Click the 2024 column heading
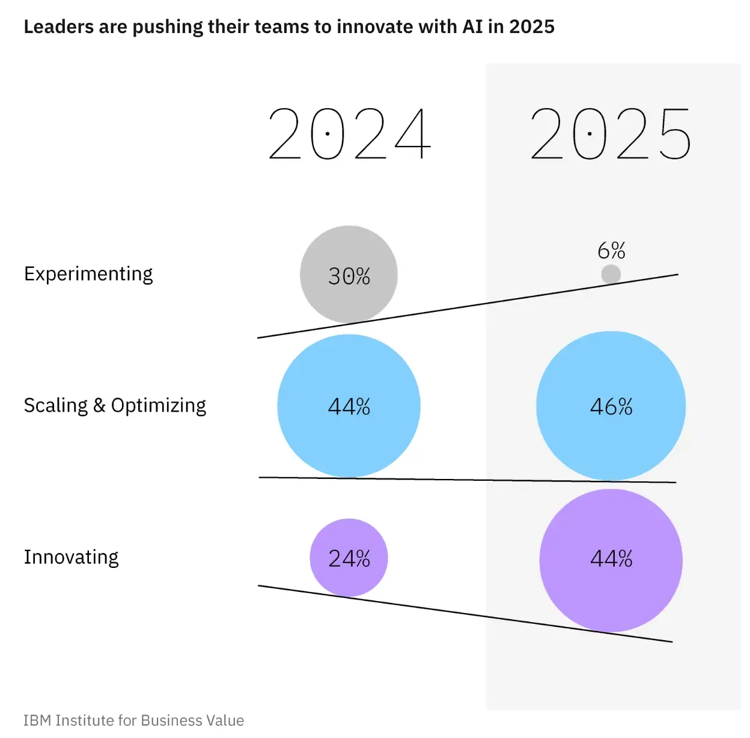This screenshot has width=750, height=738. pyautogui.click(x=349, y=134)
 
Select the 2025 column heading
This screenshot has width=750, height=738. pyautogui.click(x=611, y=134)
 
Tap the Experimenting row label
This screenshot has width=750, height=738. pyautogui.click(x=88, y=274)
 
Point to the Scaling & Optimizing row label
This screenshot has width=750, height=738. pyautogui.click(x=115, y=406)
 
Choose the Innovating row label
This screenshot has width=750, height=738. pyautogui.click(x=71, y=557)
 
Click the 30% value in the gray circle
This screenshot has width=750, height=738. pyautogui.click(x=349, y=276)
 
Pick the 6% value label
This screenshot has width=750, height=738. pyautogui.click(x=611, y=250)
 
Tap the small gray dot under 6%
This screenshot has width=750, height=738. pyautogui.click(x=611, y=274)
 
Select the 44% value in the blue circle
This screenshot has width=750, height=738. pyautogui.click(x=349, y=407)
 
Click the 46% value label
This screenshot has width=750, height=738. pyautogui.click(x=611, y=407)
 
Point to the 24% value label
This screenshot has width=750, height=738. pyautogui.click(x=349, y=559)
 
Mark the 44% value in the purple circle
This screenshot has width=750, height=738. pyautogui.click(x=611, y=559)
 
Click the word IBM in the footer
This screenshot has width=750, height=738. pyautogui.click(x=37, y=721)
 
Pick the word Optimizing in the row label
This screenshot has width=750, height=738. pyautogui.click(x=159, y=406)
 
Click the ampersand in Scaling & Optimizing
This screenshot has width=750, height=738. pyautogui.click(x=99, y=406)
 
